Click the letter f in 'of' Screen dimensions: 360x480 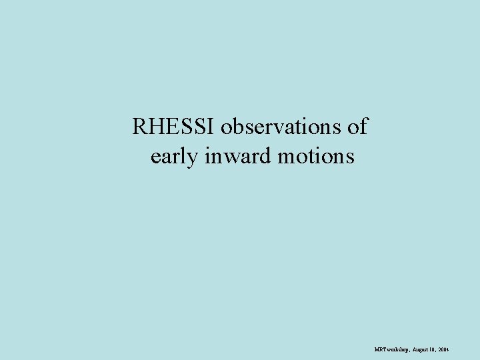[363, 126]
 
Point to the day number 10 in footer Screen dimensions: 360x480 [433, 349]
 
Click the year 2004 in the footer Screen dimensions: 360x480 [444, 349]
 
